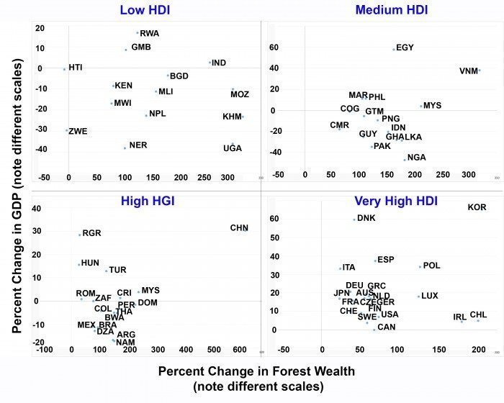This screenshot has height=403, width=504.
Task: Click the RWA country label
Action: [150, 33]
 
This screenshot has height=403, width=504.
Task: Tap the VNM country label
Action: [469, 71]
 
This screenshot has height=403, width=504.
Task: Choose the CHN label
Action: [239, 227]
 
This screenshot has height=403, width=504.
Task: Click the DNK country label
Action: [366, 217]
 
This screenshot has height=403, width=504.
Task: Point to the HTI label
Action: [76, 67]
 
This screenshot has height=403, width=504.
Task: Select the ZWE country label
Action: [78, 131]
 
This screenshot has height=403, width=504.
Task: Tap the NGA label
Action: [416, 157]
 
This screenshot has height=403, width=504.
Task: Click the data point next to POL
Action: [420, 267]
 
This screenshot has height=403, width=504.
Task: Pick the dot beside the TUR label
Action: [106, 271]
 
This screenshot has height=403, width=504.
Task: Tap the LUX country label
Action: [429, 295]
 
